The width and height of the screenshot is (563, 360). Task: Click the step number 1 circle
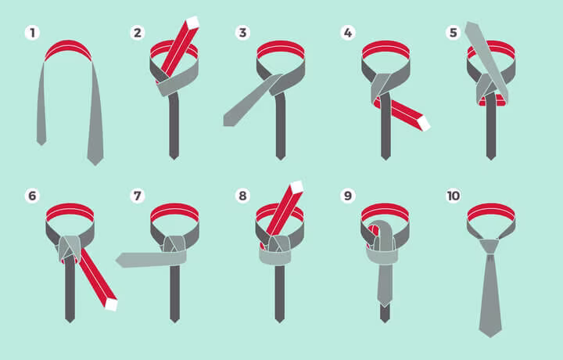(32, 33)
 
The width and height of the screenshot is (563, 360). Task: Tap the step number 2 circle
(138, 33)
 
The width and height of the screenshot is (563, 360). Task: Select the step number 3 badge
(242, 33)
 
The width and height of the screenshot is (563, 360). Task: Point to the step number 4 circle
(348, 33)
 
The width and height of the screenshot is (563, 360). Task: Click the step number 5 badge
(453, 33)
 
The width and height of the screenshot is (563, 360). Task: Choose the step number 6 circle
(32, 196)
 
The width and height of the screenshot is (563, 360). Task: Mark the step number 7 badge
(138, 196)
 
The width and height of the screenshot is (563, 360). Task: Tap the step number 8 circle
(242, 196)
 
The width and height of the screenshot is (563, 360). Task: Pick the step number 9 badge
(348, 196)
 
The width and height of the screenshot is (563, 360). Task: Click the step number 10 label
(453, 196)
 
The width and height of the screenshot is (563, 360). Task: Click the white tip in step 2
(193, 22)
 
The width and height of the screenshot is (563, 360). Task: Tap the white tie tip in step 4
(424, 124)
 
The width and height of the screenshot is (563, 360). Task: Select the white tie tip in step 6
(111, 304)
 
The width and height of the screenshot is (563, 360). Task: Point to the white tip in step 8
(297, 186)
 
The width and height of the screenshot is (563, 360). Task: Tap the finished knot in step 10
(489, 247)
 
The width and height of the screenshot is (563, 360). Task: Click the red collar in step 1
(68, 49)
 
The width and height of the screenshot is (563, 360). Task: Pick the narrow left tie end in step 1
(41, 104)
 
